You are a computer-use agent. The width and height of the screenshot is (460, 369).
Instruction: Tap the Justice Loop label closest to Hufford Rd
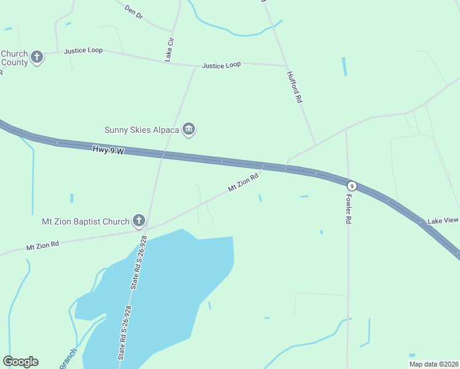click(221, 65)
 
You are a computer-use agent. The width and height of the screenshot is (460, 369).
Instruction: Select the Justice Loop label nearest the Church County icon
click(83, 50)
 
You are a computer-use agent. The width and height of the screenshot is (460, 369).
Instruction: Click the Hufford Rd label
click(295, 86)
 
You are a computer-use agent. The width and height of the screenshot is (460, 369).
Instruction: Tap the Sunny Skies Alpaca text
click(142, 130)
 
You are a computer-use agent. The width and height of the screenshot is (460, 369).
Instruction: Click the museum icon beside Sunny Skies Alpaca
click(189, 129)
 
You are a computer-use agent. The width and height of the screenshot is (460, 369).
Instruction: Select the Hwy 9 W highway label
click(109, 150)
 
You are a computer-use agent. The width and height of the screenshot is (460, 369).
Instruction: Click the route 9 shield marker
click(352, 186)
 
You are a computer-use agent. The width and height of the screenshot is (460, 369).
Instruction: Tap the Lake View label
click(443, 220)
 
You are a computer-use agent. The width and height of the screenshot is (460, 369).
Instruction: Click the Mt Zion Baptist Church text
click(85, 221)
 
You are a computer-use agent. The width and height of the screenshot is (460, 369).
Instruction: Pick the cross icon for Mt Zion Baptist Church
click(139, 221)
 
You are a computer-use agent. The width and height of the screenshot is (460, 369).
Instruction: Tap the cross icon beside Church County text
click(37, 58)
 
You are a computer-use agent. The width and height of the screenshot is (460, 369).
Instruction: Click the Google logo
click(20, 362)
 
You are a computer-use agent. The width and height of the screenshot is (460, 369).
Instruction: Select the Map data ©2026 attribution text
click(434, 364)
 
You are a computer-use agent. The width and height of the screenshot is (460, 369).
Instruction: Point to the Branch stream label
click(68, 359)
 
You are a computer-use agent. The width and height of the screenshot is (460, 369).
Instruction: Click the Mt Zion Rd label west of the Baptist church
click(42, 245)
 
